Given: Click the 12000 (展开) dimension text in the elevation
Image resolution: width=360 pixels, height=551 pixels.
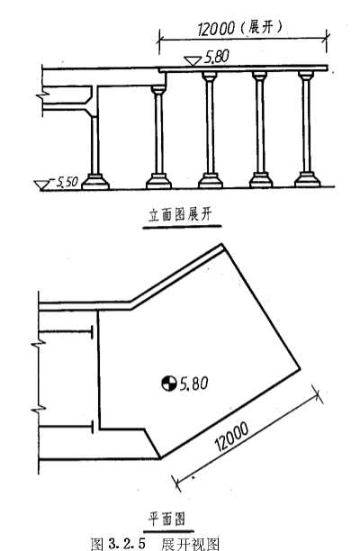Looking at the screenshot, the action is [x=240, y=28].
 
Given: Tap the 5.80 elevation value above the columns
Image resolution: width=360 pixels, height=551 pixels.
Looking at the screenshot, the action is [x=217, y=57].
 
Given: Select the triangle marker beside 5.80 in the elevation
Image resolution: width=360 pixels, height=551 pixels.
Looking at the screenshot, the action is [x=193, y=61].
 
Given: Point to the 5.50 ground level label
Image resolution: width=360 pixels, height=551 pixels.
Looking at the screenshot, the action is [x=67, y=182].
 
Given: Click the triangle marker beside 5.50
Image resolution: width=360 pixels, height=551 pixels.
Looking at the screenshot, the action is [x=41, y=185].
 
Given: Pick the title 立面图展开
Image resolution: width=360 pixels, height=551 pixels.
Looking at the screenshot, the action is [x=181, y=214].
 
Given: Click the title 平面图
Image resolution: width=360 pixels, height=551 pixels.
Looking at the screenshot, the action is [x=166, y=519].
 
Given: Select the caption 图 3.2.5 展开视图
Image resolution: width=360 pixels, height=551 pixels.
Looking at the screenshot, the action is [x=155, y=543].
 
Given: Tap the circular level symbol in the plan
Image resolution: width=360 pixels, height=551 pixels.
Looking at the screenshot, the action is [x=169, y=383].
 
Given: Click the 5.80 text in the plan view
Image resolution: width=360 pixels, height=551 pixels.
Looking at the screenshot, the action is [x=193, y=383].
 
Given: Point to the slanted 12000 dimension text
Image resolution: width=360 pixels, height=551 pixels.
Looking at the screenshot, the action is [x=232, y=436].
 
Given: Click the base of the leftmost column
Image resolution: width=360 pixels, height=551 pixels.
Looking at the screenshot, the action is [x=95, y=182].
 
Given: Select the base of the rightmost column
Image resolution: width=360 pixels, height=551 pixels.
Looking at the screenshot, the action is [x=307, y=179].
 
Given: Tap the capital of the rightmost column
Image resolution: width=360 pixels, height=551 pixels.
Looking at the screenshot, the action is [x=306, y=76].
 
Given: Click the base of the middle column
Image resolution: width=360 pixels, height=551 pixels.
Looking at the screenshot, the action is [x=211, y=180].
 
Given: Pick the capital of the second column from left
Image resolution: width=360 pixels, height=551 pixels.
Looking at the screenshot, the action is [x=158, y=90].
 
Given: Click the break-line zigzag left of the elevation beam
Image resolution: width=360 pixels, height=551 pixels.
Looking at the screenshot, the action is [x=42, y=95].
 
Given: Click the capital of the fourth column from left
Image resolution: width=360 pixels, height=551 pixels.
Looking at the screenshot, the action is [x=259, y=76].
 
